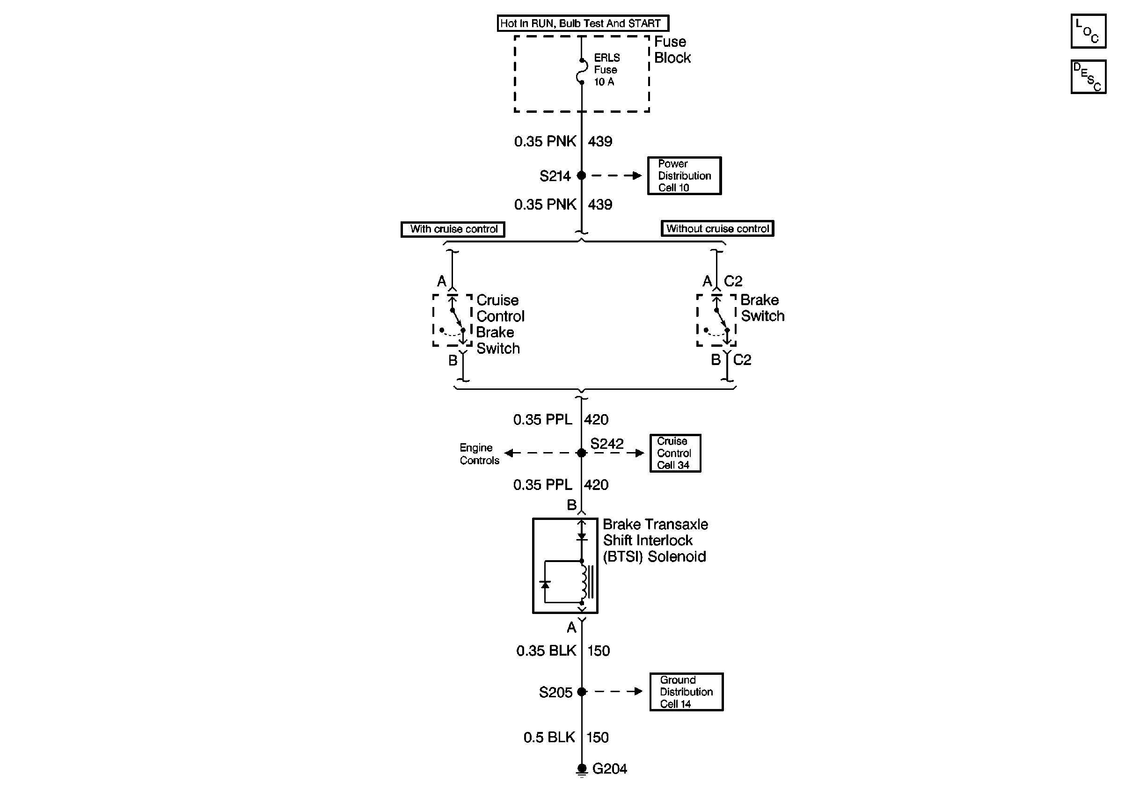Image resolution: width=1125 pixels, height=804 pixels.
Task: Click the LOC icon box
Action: click(1088, 31)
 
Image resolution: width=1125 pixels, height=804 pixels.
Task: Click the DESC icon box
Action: click(1088, 77)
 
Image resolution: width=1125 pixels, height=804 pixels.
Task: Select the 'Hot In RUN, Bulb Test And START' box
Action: click(583, 23)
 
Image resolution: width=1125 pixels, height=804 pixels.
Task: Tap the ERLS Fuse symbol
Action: click(582, 71)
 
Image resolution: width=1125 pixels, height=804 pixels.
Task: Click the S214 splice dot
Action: click(582, 176)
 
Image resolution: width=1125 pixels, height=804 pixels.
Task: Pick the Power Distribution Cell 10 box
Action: click(684, 176)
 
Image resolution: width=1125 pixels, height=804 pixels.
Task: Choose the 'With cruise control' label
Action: click(453, 229)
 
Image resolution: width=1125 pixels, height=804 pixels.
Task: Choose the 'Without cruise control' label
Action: click(717, 229)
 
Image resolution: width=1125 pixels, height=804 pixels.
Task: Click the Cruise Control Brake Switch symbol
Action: click(453, 320)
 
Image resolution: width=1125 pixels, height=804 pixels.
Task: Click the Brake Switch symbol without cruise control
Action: click(716, 320)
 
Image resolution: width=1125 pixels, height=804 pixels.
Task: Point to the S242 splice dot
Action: click(582, 453)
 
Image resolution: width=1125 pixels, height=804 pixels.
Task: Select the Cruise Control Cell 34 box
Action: click(675, 453)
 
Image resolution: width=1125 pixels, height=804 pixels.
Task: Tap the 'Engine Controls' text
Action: click(479, 454)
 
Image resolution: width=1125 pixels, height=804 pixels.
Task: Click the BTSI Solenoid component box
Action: click(565, 565)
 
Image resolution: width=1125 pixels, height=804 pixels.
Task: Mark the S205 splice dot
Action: click(582, 692)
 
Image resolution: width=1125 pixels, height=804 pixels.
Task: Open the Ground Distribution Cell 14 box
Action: click(686, 692)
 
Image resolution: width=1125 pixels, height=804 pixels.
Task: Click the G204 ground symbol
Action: click(582, 769)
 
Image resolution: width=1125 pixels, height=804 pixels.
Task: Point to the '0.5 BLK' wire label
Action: click(549, 738)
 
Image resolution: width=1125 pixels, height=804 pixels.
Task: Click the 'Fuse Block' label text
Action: click(672, 50)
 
